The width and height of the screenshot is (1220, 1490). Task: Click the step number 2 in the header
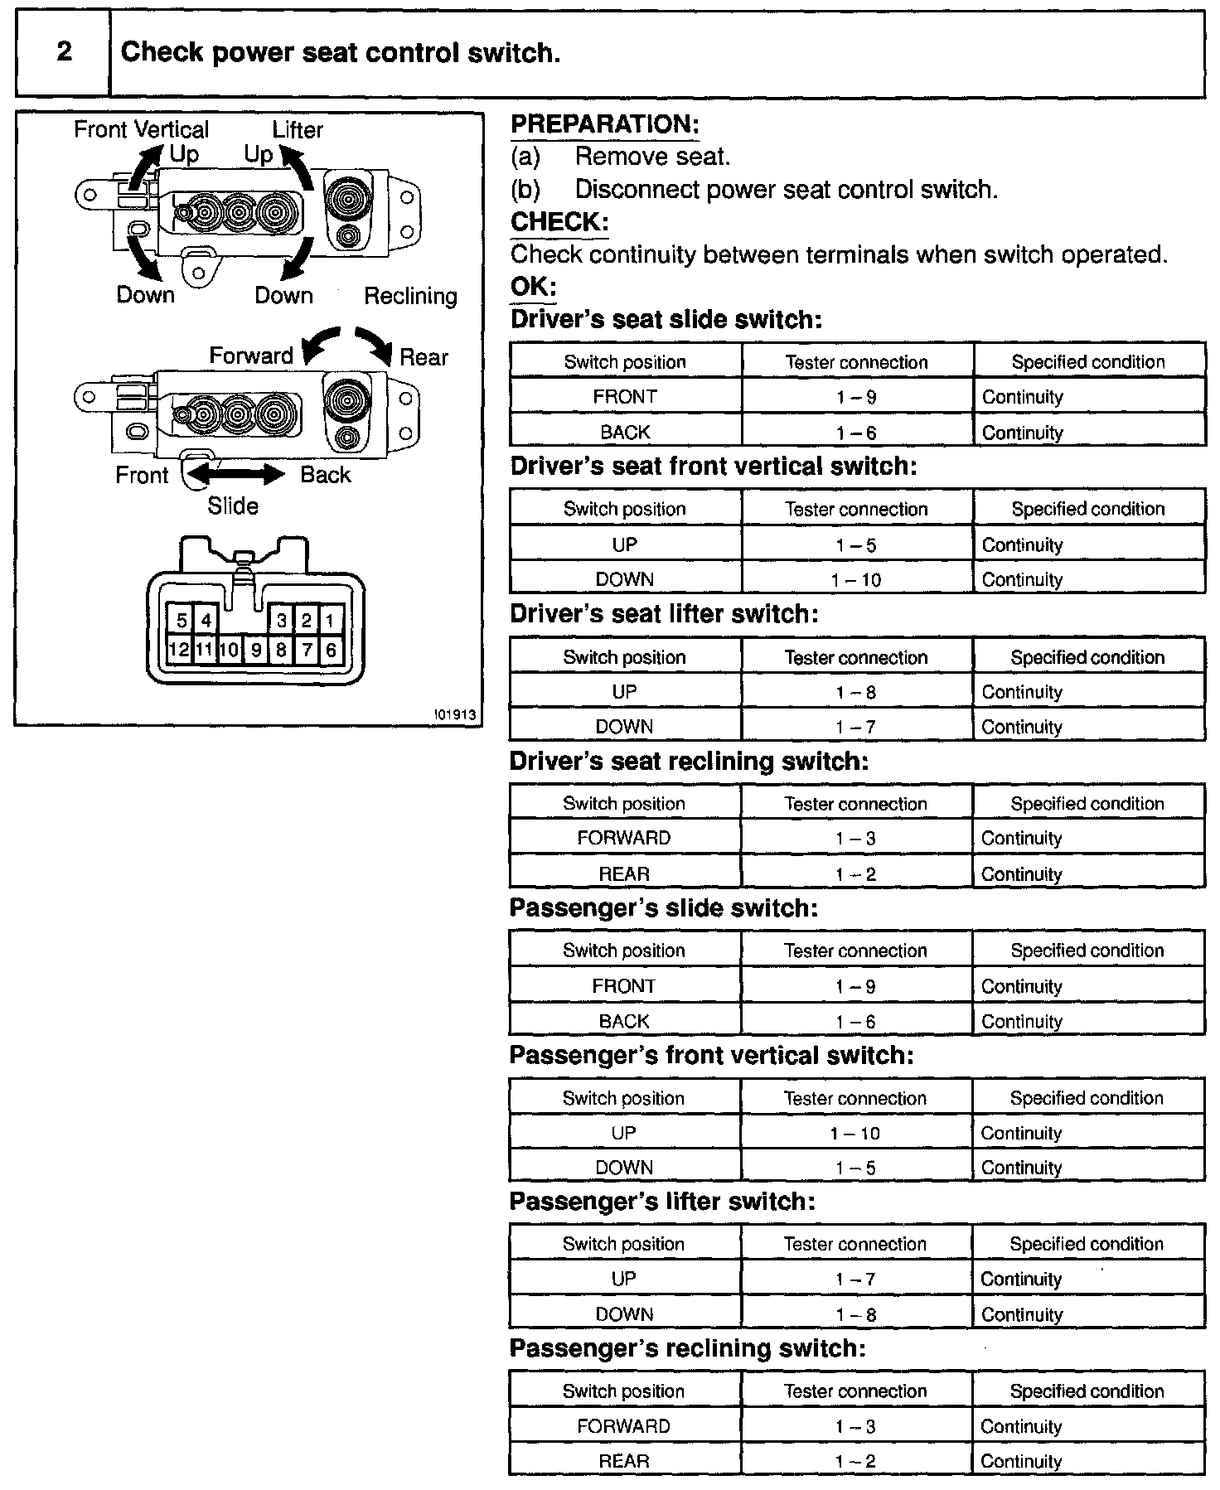coord(64,52)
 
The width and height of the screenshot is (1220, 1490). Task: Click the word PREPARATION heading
coord(604,124)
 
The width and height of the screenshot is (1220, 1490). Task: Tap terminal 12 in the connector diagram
coord(179,649)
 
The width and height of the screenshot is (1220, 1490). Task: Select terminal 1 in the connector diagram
coord(330,620)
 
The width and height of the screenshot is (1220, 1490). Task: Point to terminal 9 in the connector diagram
coord(256,650)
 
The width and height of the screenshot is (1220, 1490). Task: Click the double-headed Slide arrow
coord(236,474)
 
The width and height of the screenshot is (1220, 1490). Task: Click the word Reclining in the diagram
coord(410,296)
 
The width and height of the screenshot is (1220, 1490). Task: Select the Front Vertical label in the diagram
coord(141,129)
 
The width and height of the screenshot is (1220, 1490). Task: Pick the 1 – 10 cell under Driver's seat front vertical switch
coord(856,580)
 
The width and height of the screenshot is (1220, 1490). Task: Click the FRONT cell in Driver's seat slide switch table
coord(625,397)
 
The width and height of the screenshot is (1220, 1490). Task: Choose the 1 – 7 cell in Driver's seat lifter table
coord(856,727)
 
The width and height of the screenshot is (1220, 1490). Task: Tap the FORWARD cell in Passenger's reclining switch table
coord(623,1426)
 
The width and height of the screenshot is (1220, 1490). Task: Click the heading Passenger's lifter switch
coord(661,1202)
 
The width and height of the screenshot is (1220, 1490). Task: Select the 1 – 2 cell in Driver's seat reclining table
coord(855,874)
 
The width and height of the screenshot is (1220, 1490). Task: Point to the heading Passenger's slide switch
coord(663,908)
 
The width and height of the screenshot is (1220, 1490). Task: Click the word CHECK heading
coord(559,222)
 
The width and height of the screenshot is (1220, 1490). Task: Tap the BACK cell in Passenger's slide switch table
coord(624,1022)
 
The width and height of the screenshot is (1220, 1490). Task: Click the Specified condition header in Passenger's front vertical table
coord(1087,1098)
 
